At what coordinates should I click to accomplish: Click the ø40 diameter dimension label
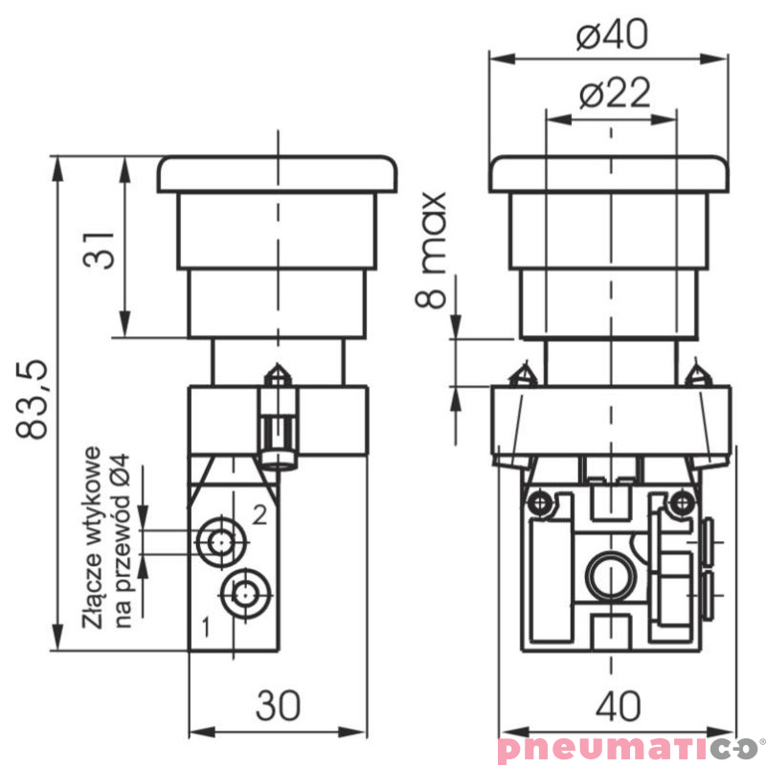(x=612, y=34)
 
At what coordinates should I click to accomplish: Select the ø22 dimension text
(x=615, y=92)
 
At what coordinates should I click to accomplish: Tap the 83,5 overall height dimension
(x=33, y=399)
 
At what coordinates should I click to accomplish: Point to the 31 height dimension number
(x=100, y=250)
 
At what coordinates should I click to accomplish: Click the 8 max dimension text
(x=431, y=250)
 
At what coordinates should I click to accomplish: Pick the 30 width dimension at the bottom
(x=278, y=706)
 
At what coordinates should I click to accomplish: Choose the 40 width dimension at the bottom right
(x=618, y=706)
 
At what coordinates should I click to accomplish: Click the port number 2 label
(x=259, y=514)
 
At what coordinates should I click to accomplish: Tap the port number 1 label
(x=207, y=627)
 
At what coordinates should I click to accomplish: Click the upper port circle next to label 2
(x=221, y=542)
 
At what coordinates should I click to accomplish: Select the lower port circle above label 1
(x=245, y=594)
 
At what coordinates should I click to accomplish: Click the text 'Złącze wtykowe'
(x=93, y=537)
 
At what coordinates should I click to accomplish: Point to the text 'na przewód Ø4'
(x=122, y=541)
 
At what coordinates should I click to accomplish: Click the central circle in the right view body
(x=611, y=574)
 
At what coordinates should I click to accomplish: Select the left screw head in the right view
(x=540, y=502)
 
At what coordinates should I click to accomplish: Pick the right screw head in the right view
(x=682, y=502)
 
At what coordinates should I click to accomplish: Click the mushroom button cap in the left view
(x=277, y=174)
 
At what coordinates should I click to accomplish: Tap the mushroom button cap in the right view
(x=609, y=174)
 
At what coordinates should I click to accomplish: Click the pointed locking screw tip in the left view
(x=278, y=365)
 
